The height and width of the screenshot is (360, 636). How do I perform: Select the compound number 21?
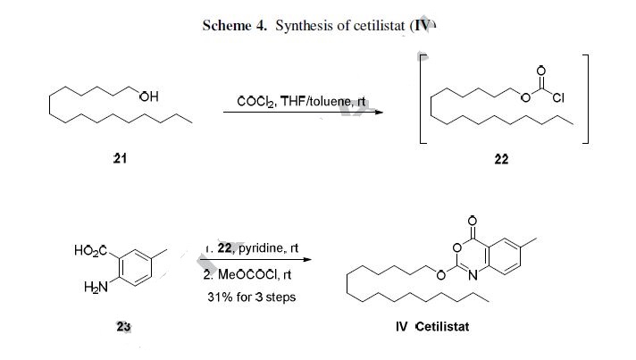click(120, 158)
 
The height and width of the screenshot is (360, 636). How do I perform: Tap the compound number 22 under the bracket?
click(501, 158)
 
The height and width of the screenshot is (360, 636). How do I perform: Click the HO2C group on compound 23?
click(92, 251)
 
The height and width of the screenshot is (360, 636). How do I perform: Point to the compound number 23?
click(124, 325)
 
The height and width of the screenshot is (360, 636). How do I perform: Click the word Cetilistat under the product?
click(442, 326)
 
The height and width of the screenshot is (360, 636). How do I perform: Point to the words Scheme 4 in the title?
click(234, 26)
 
